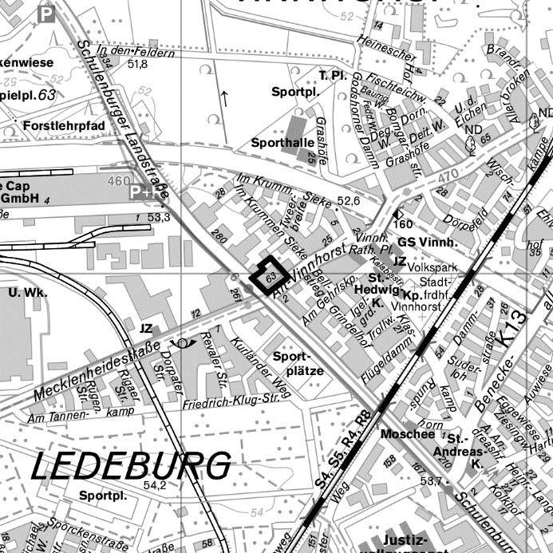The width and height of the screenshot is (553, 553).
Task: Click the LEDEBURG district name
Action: (x=131, y=464)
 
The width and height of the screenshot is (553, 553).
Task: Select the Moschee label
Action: (x=408, y=434)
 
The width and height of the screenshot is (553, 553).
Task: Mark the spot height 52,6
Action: (x=349, y=201)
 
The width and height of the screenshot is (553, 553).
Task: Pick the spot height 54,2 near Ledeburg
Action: (x=154, y=484)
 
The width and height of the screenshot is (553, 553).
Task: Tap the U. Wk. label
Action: (x=28, y=292)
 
